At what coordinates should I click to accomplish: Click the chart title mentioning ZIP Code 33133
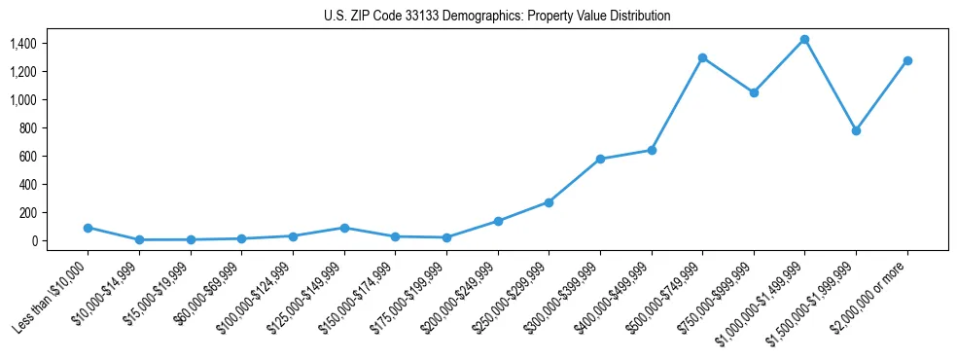(x=497, y=17)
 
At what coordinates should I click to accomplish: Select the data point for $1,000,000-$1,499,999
(x=804, y=40)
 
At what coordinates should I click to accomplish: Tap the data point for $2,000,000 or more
(x=907, y=60)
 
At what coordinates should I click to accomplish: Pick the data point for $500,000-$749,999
(x=702, y=57)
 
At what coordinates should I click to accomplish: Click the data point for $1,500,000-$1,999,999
(x=856, y=130)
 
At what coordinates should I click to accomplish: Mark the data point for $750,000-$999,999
(x=754, y=92)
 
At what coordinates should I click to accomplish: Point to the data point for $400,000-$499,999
(x=652, y=150)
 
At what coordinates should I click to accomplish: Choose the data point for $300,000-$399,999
(x=600, y=159)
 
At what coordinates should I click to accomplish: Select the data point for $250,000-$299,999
(x=549, y=202)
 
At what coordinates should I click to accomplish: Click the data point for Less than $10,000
(x=88, y=228)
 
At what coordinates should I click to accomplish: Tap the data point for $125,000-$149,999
(x=343, y=228)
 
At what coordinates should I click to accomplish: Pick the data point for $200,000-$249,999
(x=498, y=221)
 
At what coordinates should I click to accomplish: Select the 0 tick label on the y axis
(x=34, y=240)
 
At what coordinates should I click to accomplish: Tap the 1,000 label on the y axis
(x=22, y=100)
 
